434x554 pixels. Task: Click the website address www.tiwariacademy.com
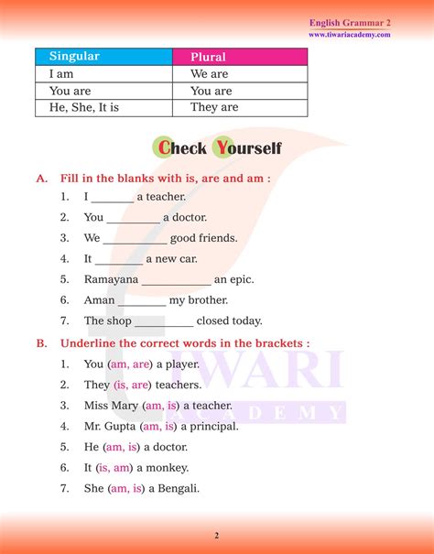pos(350,35)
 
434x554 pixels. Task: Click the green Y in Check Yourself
pos(222,147)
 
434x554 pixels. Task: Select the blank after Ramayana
pos(177,280)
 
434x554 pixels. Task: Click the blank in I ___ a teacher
pos(113,197)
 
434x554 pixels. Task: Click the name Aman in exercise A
pos(99,300)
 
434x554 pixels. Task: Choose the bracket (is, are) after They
pos(132,385)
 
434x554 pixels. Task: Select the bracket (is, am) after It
pos(117,467)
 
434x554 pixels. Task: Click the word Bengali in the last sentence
pos(179,488)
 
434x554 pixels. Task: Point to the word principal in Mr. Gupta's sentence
pos(212,426)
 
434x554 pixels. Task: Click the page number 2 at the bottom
pos(216,535)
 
